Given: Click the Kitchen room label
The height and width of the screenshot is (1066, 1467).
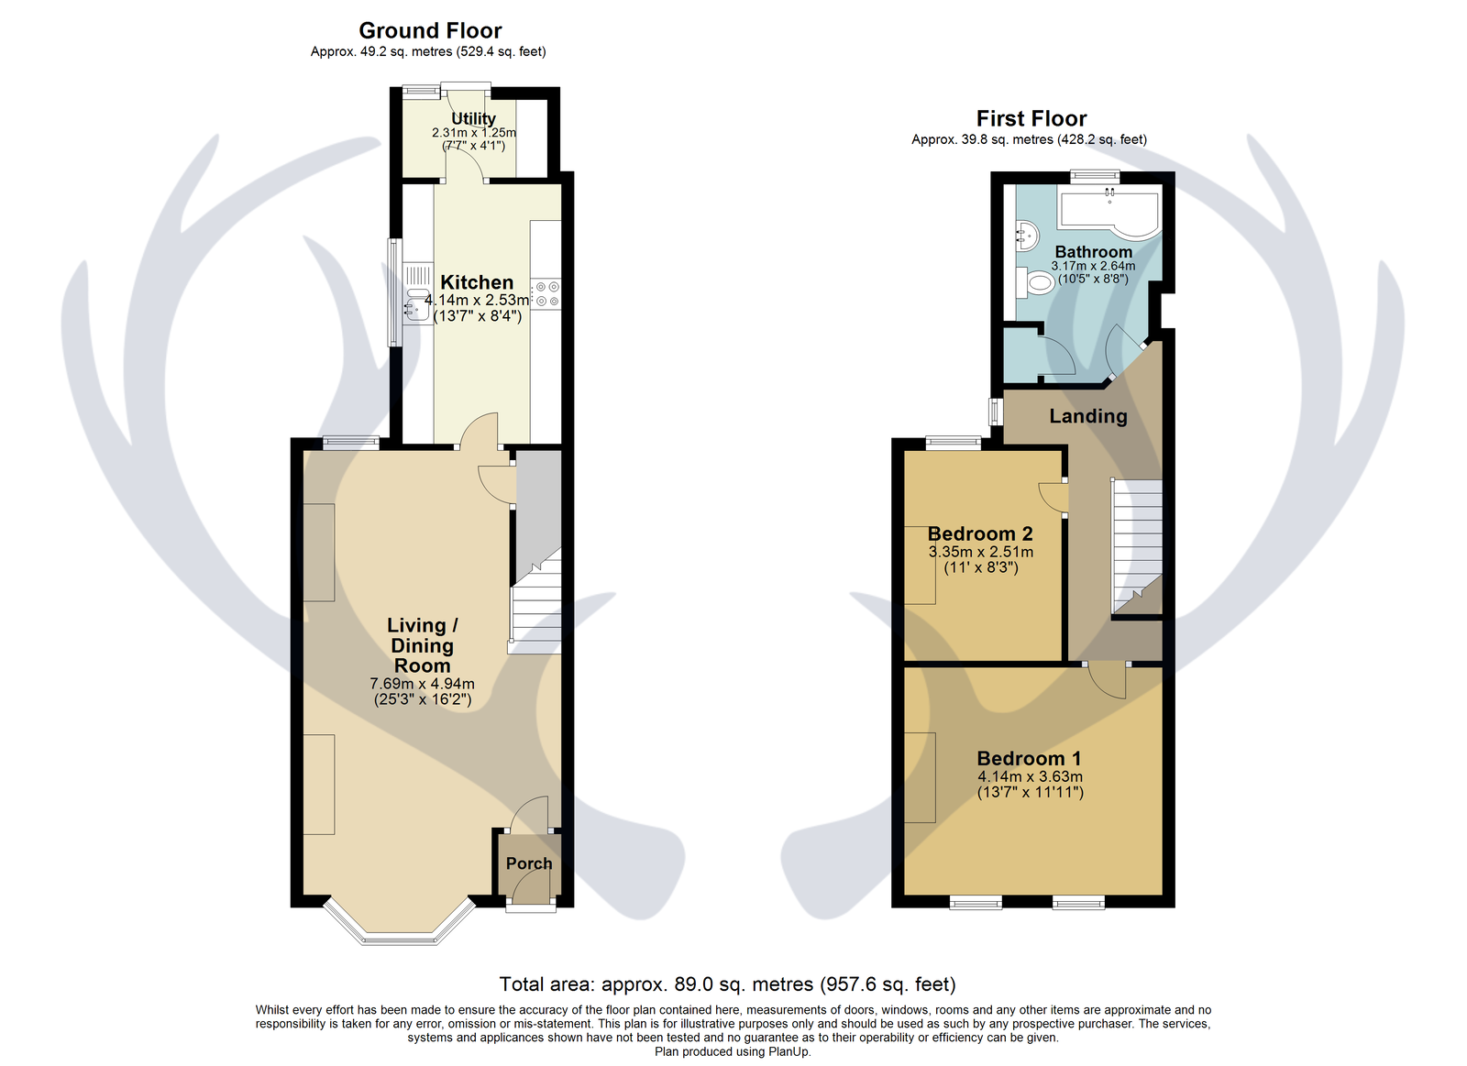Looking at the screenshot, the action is (x=476, y=282).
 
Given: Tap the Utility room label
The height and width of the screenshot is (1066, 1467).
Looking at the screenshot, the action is (x=473, y=118).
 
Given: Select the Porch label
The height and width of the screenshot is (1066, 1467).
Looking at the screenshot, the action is (x=528, y=863).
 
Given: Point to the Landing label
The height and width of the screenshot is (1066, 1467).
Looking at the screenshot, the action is (x=1087, y=416).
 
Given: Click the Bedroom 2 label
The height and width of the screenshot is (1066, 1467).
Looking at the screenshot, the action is (x=980, y=533).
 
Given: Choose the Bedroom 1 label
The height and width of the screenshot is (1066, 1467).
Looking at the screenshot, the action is (x=1029, y=758).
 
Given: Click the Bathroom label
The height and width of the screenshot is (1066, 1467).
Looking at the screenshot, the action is (x=1093, y=252).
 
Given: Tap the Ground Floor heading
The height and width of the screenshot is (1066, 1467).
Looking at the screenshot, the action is (x=430, y=30).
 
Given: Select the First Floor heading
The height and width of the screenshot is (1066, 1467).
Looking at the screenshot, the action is (x=1031, y=118).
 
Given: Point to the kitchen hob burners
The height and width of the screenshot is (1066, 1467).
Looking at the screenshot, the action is (x=546, y=294).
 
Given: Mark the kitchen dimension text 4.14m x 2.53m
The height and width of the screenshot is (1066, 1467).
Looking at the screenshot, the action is (x=476, y=301).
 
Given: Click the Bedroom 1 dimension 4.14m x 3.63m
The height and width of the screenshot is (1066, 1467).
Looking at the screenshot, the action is (x=1030, y=776).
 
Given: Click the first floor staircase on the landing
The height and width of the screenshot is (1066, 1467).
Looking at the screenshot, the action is (x=1136, y=546).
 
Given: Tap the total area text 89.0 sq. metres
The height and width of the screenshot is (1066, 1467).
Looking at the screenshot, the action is (x=707, y=984).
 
